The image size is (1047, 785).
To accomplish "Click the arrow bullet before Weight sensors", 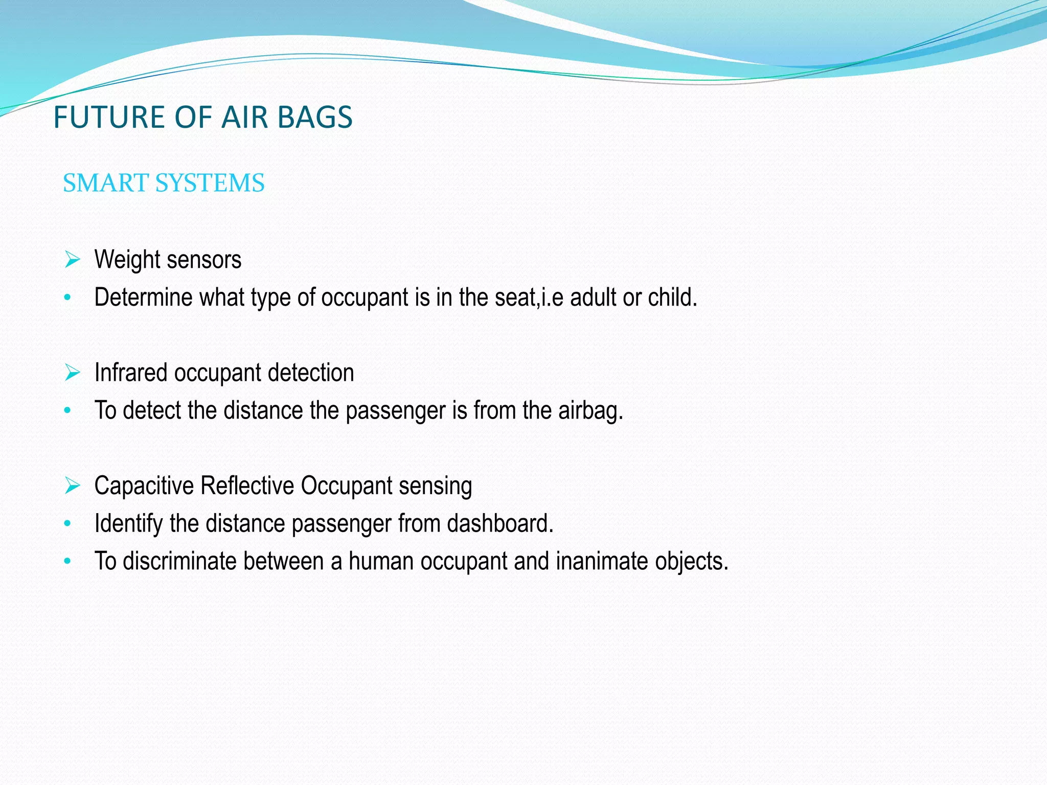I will click(73, 260).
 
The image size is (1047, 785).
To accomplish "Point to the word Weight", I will click(127, 260).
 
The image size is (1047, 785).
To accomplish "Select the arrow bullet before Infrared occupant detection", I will click(73, 373).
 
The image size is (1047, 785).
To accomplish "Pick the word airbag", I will click(590, 410).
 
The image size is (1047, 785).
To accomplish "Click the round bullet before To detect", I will click(67, 410).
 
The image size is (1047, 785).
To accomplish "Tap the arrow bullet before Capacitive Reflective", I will click(73, 486).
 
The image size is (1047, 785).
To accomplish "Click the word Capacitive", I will click(144, 486).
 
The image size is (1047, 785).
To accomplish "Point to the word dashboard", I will click(499, 523).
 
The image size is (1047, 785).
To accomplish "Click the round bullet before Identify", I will click(67, 523).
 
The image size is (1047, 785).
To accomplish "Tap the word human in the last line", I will click(381, 561).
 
